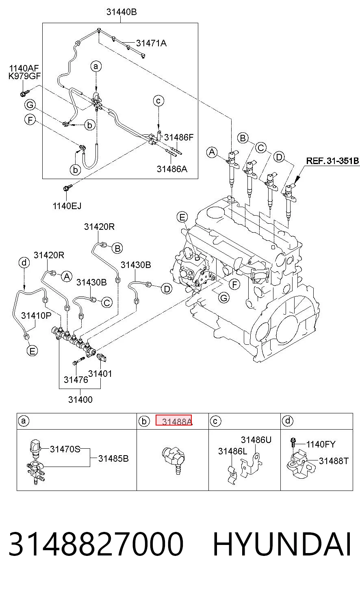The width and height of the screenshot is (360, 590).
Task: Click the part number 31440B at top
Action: [121, 12]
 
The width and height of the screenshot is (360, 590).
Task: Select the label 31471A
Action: [151, 43]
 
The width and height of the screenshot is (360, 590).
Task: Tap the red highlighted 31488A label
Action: [173, 420]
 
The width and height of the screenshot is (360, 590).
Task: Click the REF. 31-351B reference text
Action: [332, 160]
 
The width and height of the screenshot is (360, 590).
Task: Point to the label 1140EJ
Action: [67, 206]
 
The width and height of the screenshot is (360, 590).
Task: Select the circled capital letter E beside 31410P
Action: [32, 351]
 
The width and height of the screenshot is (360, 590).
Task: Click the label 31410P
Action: [36, 315]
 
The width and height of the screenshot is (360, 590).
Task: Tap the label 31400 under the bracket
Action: [80, 400]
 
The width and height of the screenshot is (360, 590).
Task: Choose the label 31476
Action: [76, 380]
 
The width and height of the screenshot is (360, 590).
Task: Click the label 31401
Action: [100, 374]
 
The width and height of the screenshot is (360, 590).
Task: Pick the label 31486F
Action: [179, 137]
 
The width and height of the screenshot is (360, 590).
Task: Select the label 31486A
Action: [172, 169]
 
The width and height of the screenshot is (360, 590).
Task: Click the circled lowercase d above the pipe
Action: [24, 263]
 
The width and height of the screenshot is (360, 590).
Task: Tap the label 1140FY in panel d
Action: [321, 444]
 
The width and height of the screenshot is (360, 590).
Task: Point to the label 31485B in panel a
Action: [113, 458]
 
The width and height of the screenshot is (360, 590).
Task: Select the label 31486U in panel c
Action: [256, 440]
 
